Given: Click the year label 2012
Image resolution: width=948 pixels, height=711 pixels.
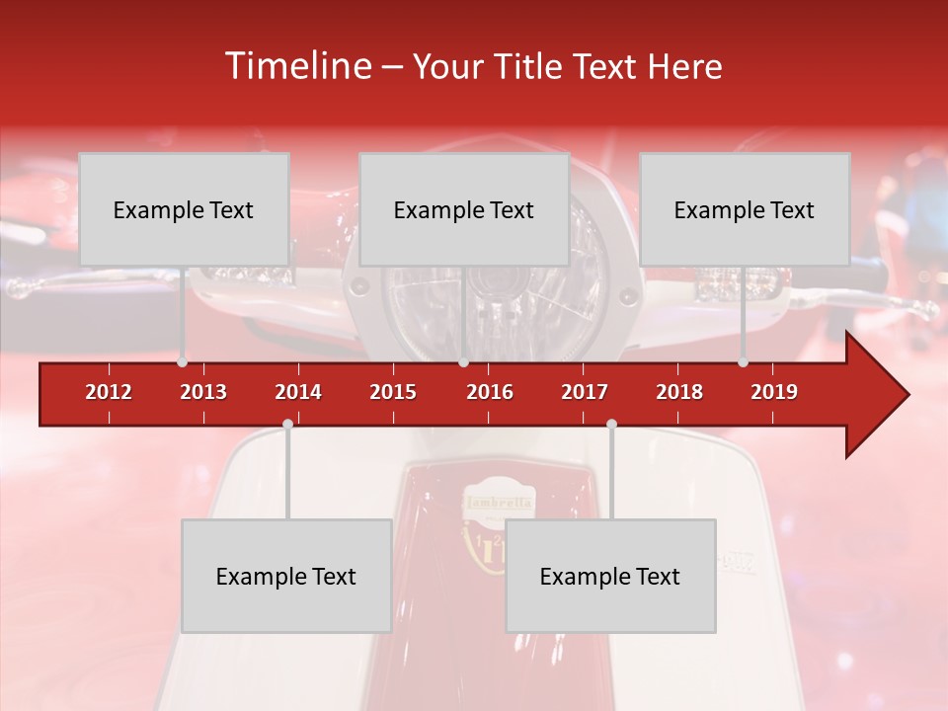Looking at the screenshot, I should point(109,392).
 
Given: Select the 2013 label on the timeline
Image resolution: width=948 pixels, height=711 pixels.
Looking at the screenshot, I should point(203,392).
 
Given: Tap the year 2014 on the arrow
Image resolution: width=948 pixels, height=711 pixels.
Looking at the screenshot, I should point(298,392).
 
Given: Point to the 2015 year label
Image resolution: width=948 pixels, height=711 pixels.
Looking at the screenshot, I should point(393,392).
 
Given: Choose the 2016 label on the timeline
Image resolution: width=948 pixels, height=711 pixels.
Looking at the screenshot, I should point(490,392).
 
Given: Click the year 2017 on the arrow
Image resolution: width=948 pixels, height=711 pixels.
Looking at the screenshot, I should point(585,392).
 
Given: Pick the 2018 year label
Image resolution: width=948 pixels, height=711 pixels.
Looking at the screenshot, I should point(679,392).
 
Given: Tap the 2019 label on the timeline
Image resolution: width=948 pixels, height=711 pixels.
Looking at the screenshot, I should point(774,392).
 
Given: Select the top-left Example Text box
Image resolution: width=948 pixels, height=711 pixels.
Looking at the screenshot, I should point(184,209).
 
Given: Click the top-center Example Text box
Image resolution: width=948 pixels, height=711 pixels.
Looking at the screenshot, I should point(464,209).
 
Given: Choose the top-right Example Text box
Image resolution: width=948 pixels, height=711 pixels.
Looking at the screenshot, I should point(745,209).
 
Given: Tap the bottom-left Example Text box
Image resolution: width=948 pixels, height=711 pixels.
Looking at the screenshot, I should point(286,576).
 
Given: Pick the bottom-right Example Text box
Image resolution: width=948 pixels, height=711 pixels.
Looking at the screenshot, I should point(610,576).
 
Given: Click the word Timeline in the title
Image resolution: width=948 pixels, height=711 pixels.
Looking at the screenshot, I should point(295,66).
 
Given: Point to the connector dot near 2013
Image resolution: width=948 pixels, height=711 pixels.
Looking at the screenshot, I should point(182,362).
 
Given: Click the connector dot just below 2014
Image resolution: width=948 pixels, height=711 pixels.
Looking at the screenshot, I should point(287,424).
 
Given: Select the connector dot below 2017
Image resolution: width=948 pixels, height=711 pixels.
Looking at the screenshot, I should point(611,424).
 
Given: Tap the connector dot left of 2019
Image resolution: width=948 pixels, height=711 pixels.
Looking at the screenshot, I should point(743,362).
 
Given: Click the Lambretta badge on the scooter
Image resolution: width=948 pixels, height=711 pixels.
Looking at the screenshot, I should point(499,503).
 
